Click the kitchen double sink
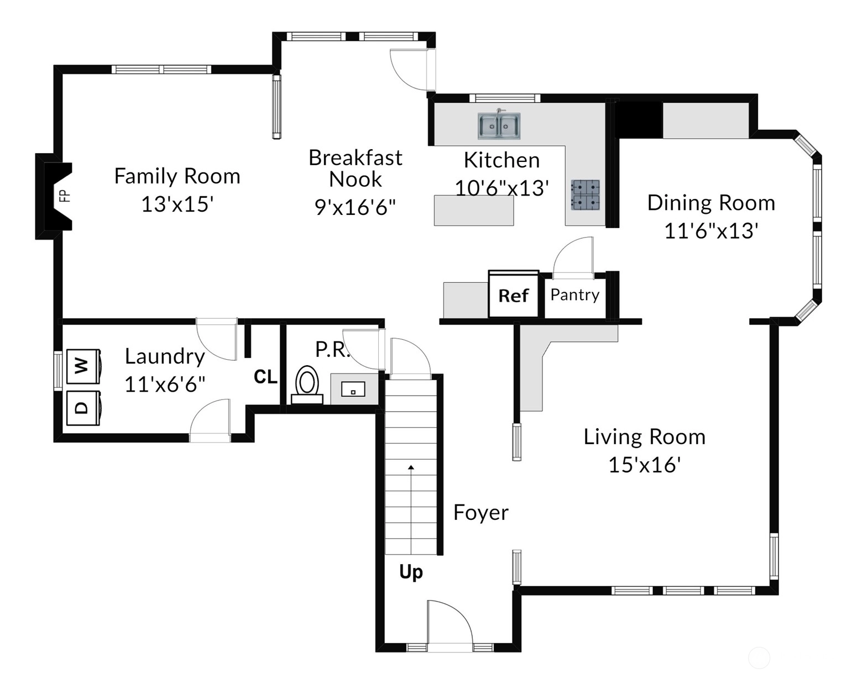point(499,126)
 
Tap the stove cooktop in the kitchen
point(585,195)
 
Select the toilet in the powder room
point(307,385)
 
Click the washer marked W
point(83,366)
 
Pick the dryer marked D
point(83,408)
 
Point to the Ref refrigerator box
point(514,294)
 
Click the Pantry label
point(574,295)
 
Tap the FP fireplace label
point(65,196)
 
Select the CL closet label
point(265,376)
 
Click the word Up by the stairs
point(411,572)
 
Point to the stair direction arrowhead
point(411,467)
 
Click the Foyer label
point(480,513)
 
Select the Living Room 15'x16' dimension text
point(644,465)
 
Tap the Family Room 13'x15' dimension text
point(177,204)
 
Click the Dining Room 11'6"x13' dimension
point(711,231)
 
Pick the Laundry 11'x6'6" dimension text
point(165,385)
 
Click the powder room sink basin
point(353,389)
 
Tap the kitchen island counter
point(474,211)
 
